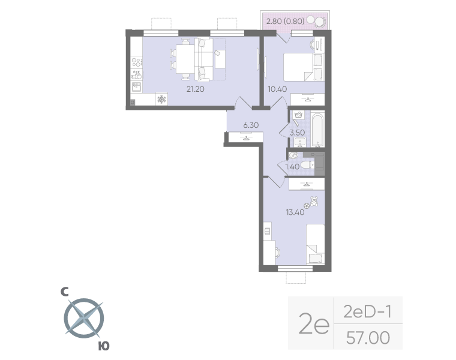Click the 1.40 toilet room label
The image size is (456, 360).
click(x=293, y=167)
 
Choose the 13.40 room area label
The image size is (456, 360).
click(x=296, y=211)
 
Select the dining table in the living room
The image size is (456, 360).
click(x=185, y=58)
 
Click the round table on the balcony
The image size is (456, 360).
click(x=319, y=22)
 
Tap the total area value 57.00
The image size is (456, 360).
click(x=368, y=338)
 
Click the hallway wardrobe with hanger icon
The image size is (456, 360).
click(x=246, y=138)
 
